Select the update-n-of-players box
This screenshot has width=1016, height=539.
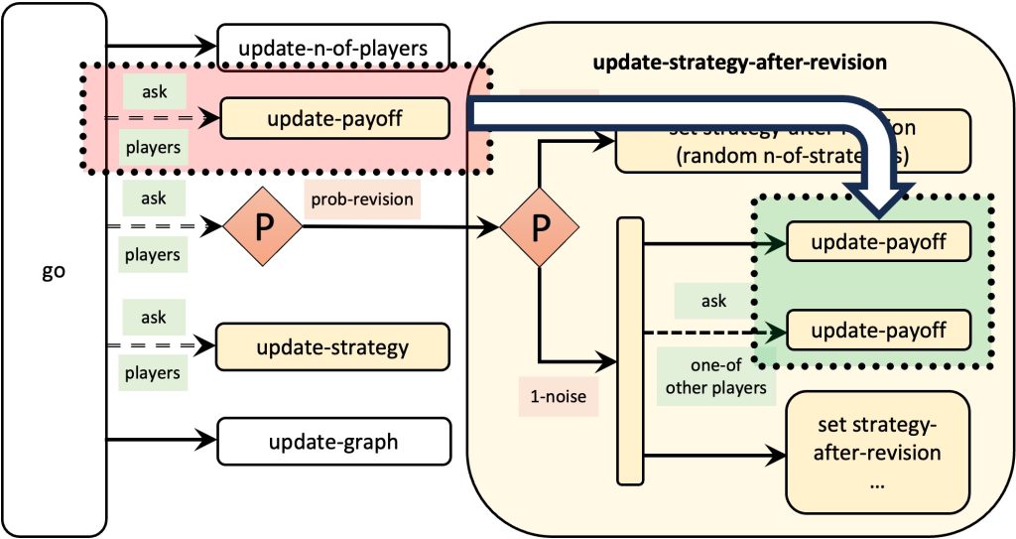tap(333, 46)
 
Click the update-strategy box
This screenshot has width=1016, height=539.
tap(333, 347)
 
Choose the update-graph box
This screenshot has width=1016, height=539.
tap(333, 441)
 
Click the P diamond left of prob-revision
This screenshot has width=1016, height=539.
tap(261, 226)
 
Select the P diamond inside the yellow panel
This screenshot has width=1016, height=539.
tap(538, 226)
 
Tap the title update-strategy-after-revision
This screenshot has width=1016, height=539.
tap(738, 63)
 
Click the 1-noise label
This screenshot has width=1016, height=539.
tap(558, 397)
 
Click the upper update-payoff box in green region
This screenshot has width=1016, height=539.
tap(878, 241)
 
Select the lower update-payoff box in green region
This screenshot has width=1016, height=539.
tap(878, 329)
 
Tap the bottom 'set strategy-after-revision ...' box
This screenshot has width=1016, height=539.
tap(878, 452)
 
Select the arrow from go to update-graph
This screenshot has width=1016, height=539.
tap(163, 441)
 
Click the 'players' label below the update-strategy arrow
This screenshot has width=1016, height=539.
tap(152, 372)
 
